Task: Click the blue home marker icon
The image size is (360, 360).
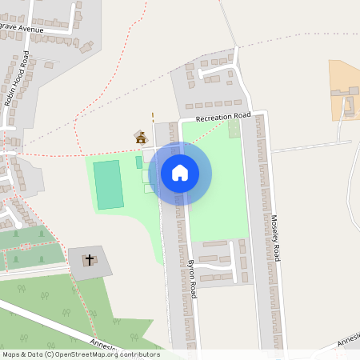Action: [180, 172]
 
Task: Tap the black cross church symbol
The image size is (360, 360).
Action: [90, 259]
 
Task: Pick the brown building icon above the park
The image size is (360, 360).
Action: [142, 138]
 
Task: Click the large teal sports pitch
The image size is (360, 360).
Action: [108, 185]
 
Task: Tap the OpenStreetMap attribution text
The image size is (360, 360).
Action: [80, 354]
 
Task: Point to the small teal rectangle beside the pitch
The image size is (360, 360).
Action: [138, 162]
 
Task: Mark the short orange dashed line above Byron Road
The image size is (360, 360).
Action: [153, 116]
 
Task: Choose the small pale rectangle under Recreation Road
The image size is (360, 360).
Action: [234, 128]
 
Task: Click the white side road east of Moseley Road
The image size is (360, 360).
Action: [312, 146]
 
